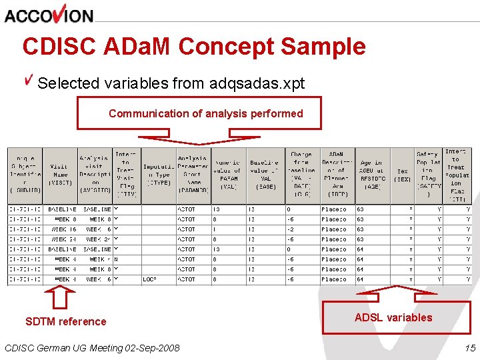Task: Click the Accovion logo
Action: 49,14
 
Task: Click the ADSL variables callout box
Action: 393,317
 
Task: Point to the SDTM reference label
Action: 66,321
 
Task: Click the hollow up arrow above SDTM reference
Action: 60,298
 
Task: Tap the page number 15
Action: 470,347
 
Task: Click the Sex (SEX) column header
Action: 402,175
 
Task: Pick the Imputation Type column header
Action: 159,175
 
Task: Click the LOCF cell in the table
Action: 150,279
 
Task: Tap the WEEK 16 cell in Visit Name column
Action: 65,229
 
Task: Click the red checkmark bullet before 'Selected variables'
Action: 29,81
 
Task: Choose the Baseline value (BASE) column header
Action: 265,175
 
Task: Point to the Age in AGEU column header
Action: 370,175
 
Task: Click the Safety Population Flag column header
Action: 428,175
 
